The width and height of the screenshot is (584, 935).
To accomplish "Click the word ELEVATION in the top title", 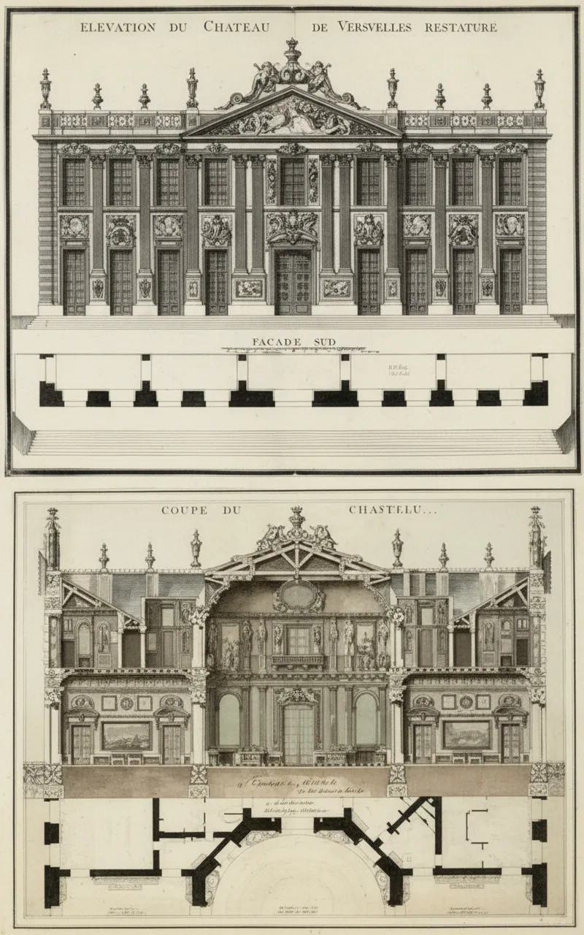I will (x=118, y=28).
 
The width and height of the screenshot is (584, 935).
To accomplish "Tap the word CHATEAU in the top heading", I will (x=237, y=28).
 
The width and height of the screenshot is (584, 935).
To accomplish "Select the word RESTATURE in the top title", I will (x=458, y=28).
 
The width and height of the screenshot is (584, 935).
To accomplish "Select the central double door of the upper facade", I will (x=292, y=282).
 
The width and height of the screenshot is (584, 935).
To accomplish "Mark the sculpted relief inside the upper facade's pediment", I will (x=292, y=119).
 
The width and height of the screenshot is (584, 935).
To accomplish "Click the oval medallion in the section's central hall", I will (x=299, y=595).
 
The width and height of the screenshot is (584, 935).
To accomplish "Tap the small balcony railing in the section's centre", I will (x=299, y=661).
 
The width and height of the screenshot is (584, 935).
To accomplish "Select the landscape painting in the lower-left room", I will (x=126, y=735).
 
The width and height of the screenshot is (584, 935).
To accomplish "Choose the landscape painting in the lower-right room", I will (x=466, y=735).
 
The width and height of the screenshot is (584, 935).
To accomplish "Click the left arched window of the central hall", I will (x=229, y=720).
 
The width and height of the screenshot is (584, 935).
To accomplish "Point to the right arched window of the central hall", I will (x=366, y=720).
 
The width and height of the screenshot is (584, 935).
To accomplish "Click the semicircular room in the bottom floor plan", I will (x=298, y=877).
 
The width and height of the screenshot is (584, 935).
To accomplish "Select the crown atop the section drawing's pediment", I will (x=296, y=516).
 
